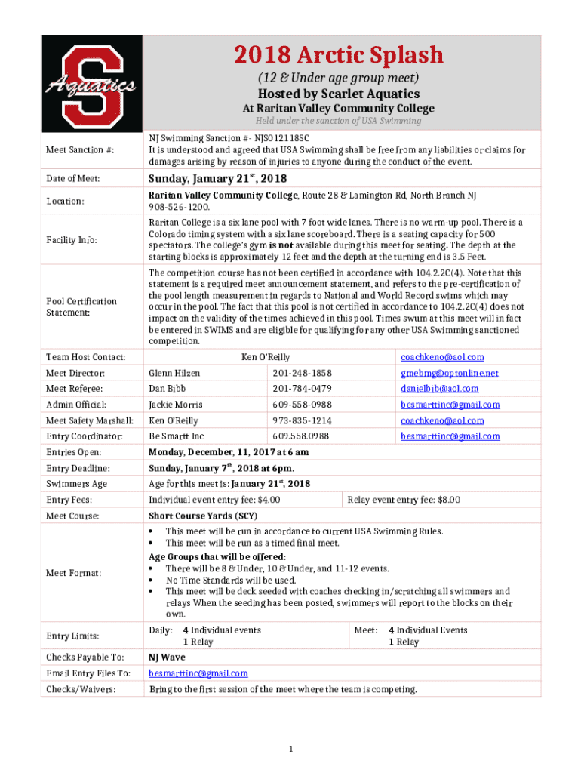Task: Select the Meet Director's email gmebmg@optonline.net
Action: [450, 373]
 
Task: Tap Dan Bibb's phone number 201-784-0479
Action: [302, 389]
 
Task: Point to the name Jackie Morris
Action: [176, 405]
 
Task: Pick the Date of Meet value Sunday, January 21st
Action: [217, 178]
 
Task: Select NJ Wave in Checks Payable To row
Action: [167, 657]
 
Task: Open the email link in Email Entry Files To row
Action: [198, 673]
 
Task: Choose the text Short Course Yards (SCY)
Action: [203, 516]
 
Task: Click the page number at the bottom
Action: [290, 748]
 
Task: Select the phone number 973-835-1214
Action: [302, 420]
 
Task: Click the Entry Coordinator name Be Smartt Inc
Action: [176, 436]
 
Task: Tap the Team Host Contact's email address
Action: [442, 357]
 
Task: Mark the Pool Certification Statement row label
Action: [81, 306]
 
